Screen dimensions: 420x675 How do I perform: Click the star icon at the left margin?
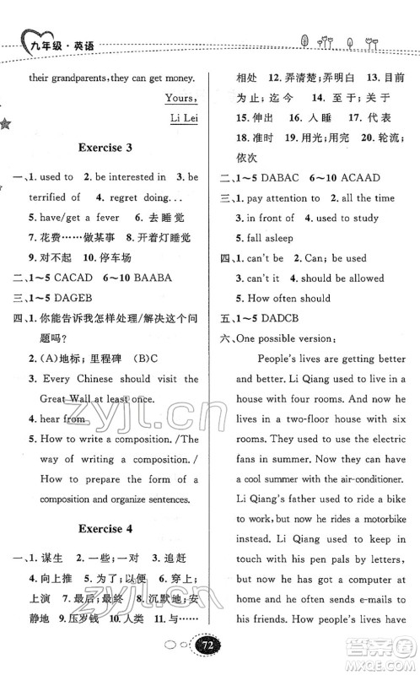[6, 125]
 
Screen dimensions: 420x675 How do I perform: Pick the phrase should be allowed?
[337, 278]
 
